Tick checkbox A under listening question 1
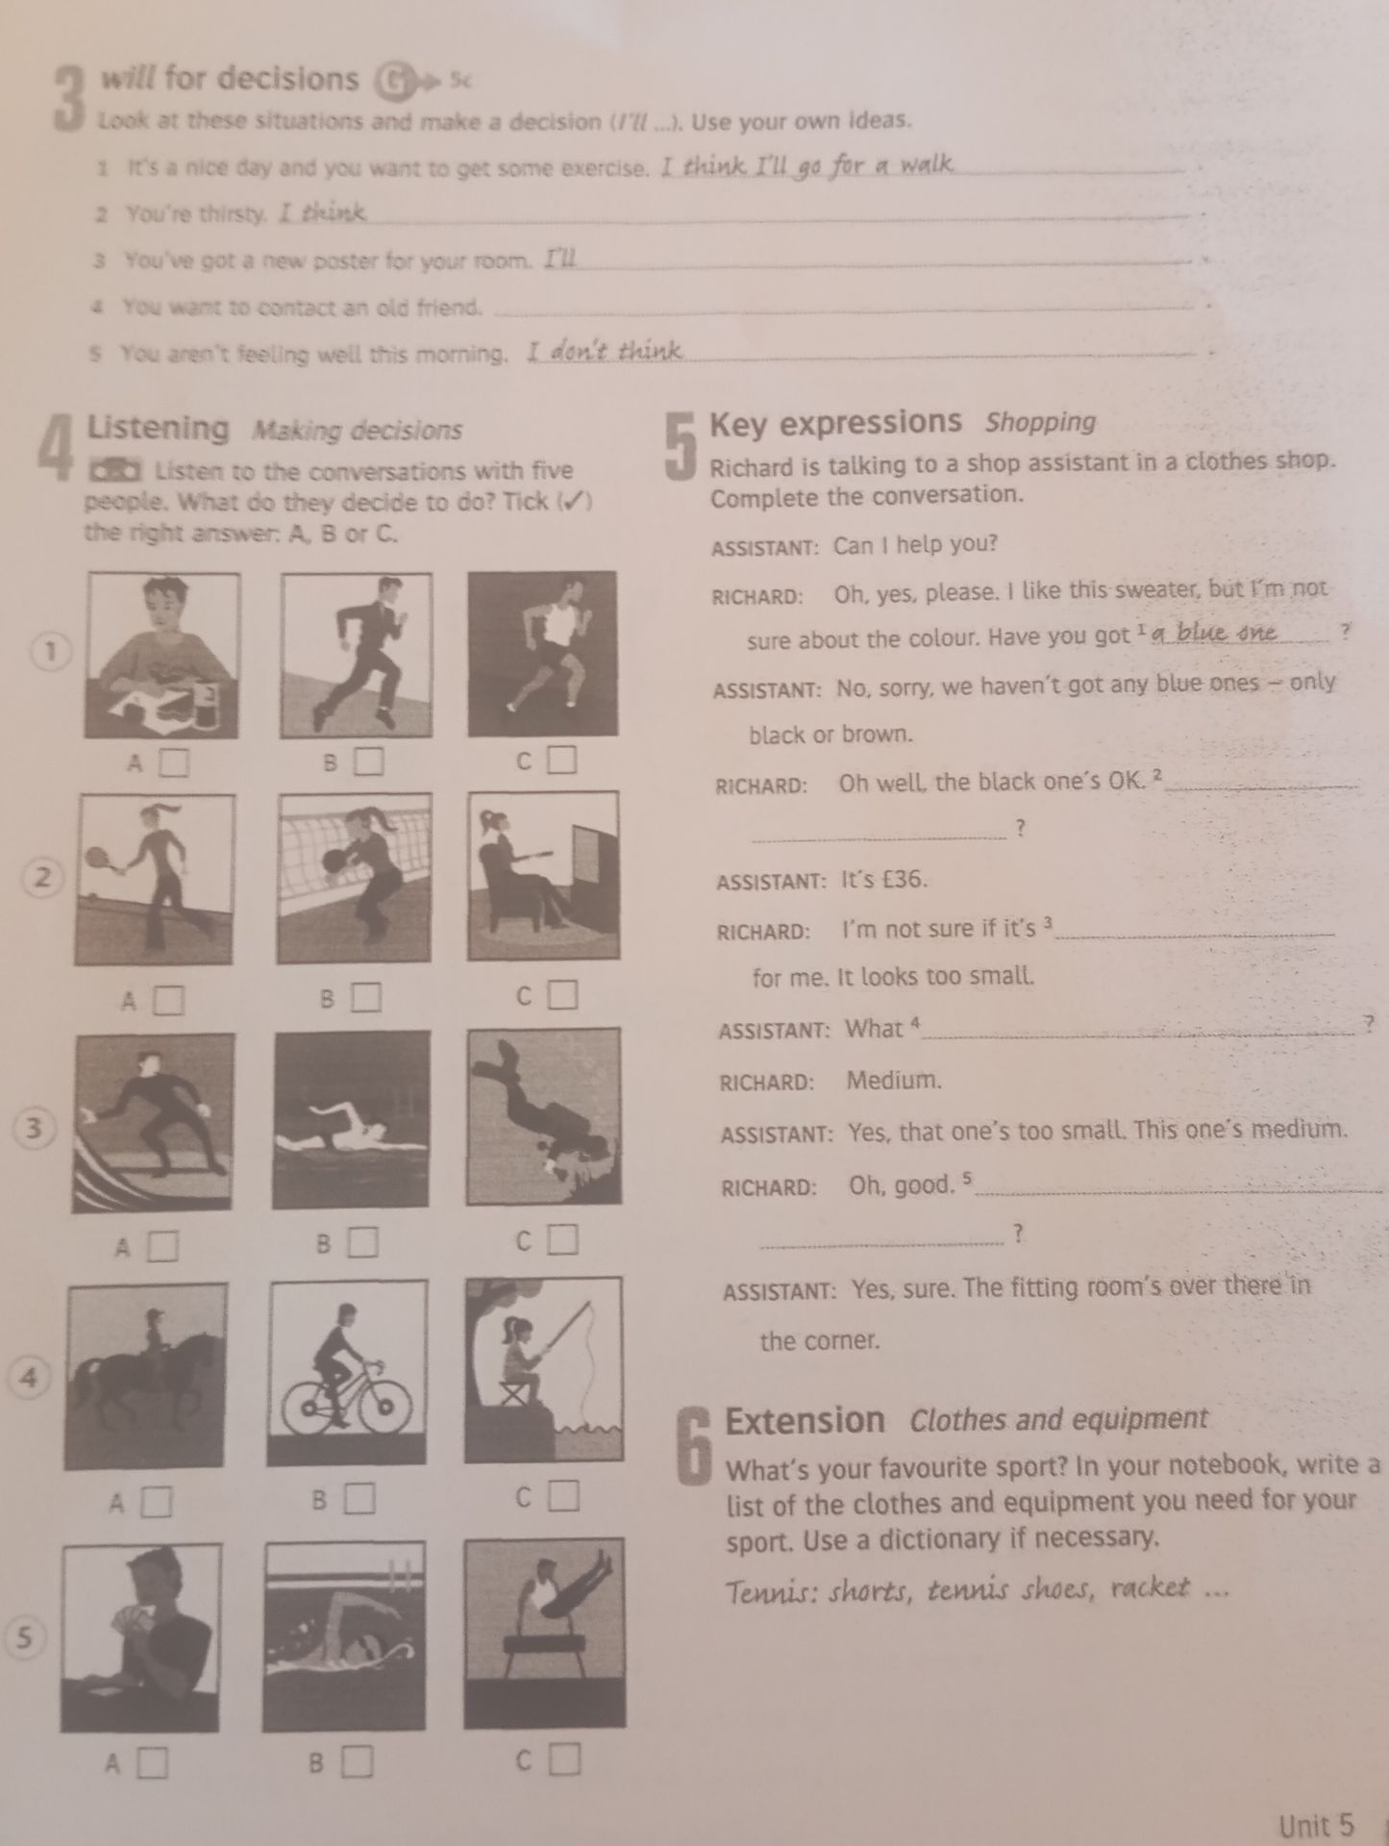(x=174, y=763)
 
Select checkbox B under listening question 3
(x=362, y=1243)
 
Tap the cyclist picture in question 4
(x=348, y=1372)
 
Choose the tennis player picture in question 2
(x=154, y=880)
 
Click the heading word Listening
(x=159, y=428)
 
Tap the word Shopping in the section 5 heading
(x=1041, y=422)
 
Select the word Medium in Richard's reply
(x=894, y=1080)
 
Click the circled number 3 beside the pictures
(x=35, y=1129)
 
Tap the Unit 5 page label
(x=1316, y=1824)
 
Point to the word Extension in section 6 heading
(x=805, y=1420)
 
